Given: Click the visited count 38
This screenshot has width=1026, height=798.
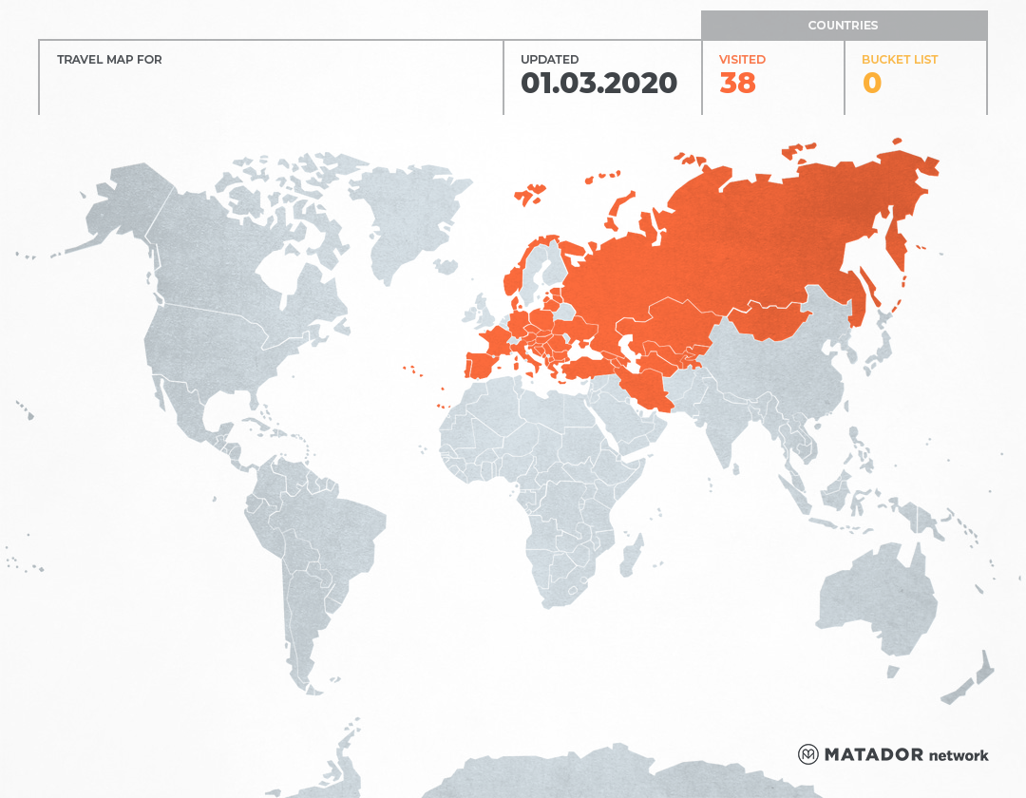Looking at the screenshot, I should click(737, 84).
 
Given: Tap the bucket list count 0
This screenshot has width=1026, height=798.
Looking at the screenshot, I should click(871, 84).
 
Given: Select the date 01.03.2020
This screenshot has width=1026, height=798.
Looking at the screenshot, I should click(598, 84).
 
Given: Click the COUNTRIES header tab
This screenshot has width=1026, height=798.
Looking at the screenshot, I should click(843, 26).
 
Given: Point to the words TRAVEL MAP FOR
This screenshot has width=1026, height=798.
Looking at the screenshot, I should click(109, 60).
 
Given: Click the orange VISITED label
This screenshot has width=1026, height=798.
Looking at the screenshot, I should click(742, 60).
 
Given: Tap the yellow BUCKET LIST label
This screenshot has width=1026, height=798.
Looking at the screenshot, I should click(899, 60).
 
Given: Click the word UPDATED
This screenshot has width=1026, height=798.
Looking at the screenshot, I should click(549, 60).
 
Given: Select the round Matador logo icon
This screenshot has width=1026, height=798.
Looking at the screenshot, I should click(807, 754).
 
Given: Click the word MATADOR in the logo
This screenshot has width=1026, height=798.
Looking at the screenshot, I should click(873, 755).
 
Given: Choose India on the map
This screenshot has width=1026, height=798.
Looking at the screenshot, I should click(727, 427).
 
